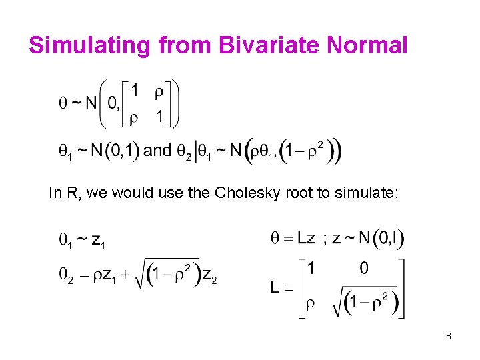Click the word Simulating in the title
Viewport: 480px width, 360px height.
[x=83, y=45]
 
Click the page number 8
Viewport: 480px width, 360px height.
[x=449, y=336]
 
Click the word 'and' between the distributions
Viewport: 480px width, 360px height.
[x=157, y=150]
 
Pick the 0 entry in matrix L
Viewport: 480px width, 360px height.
[x=364, y=268]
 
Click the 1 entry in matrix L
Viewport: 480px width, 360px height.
[x=311, y=268]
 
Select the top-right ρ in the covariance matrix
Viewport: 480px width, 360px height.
[x=158, y=89]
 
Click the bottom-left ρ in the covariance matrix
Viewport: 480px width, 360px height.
[x=133, y=118]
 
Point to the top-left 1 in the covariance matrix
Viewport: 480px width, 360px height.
[x=135, y=89]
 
